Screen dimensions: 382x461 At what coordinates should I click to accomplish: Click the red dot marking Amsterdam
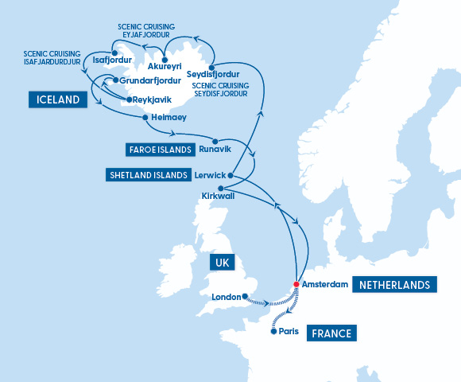(296, 284)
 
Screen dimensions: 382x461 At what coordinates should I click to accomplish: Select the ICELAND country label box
(58, 99)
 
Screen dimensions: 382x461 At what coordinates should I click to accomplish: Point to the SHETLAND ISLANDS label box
(148, 174)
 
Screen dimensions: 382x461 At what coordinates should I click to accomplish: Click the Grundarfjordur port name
(152, 80)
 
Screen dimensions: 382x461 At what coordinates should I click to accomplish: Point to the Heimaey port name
(169, 117)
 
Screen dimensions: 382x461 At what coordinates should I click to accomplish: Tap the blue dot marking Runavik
(215, 141)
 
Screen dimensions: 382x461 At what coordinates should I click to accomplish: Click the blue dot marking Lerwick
(230, 175)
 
